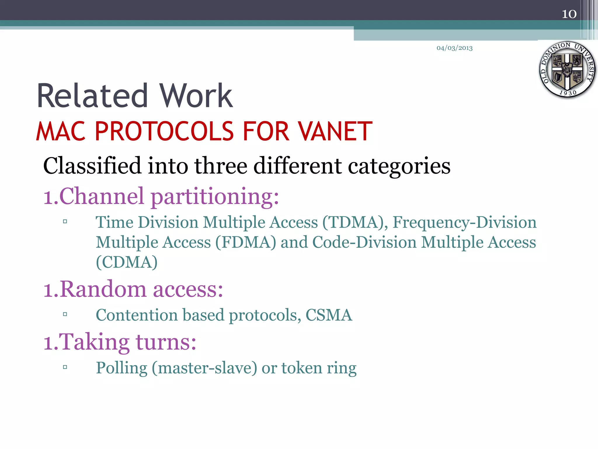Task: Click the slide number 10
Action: pos(569,14)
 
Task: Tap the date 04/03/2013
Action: pos(454,48)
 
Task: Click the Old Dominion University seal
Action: pos(567,70)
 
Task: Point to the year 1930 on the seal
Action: pos(568,93)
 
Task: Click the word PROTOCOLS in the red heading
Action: pos(164,132)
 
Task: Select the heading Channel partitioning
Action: pos(161,196)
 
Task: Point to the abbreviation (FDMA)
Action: pos(246,243)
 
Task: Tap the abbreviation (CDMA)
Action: pos(127,262)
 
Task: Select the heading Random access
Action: pos(133,289)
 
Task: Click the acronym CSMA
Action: pos(329,315)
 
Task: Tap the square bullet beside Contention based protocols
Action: pos(65,315)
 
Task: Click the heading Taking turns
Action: pos(120,342)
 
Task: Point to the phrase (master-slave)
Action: pos(204,368)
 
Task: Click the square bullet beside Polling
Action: pos(65,367)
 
